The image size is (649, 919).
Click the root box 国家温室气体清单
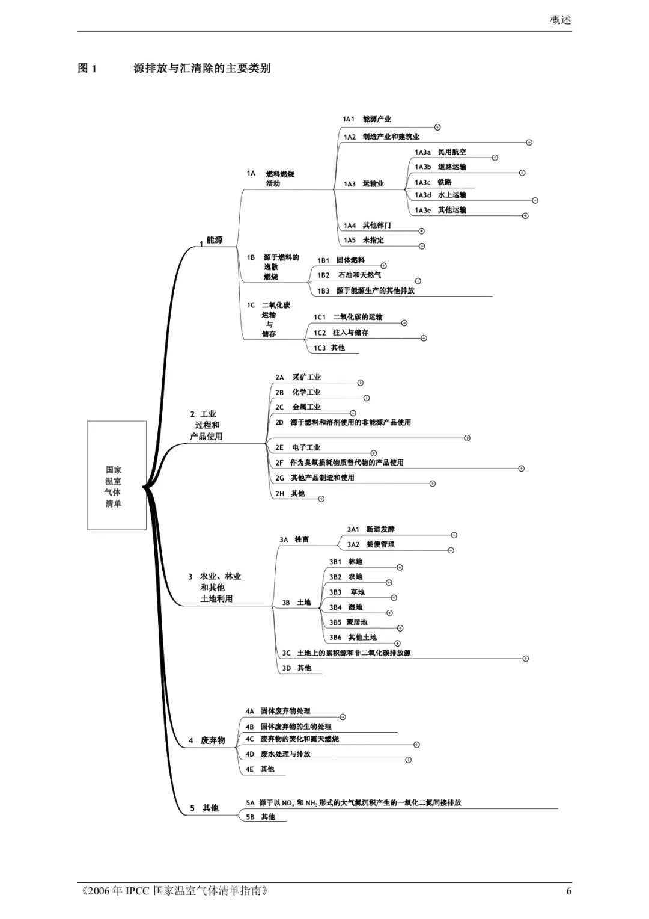117,475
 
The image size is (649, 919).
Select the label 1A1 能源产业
367,119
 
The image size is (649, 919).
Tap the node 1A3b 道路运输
440,167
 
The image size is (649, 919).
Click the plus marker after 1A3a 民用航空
495,158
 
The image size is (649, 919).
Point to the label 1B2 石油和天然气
349,275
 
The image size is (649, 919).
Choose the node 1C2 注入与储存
341,332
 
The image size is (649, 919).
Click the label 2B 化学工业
298,392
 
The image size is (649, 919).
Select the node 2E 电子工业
298,447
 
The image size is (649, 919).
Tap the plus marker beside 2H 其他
321,499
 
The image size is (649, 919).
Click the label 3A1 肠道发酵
371,529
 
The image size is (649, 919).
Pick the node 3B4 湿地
346,607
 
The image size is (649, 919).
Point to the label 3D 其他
297,668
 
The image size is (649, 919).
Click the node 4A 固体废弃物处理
278,711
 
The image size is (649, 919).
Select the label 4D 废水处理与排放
278,754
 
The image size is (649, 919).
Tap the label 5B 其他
260,817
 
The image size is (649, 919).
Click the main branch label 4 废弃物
207,740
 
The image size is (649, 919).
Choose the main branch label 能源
214,239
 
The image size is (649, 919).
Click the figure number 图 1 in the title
87,69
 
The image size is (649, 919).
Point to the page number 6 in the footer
568,891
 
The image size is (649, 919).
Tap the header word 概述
561,20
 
